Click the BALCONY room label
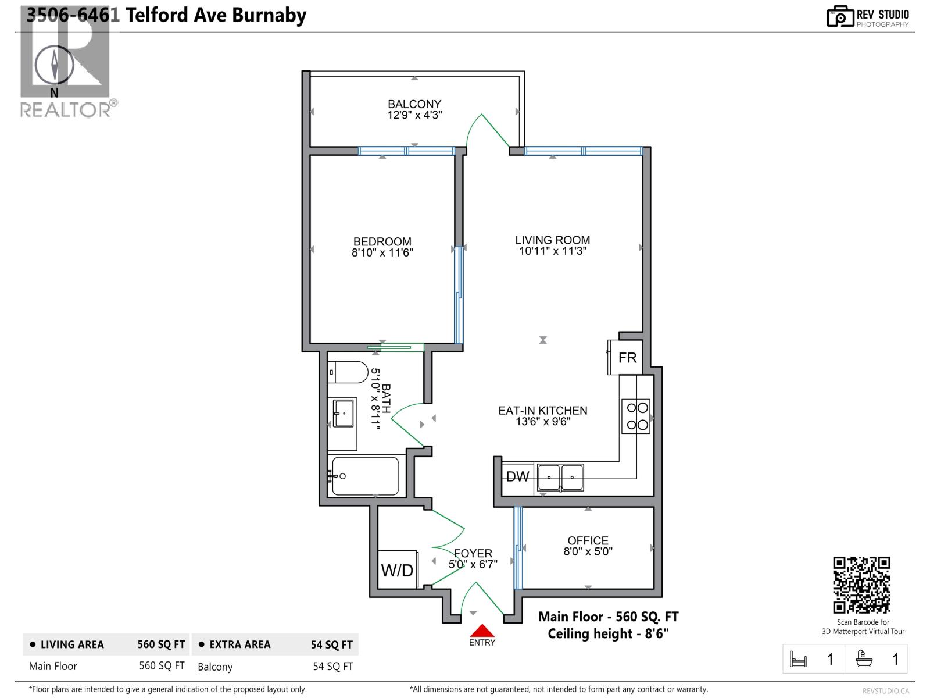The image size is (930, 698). click(x=414, y=104)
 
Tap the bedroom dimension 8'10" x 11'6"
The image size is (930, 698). click(x=382, y=253)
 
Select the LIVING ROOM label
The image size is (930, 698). click(x=552, y=240)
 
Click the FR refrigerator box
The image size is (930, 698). click(x=627, y=358)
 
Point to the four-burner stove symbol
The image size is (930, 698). click(x=635, y=416)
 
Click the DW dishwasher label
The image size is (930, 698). click(x=517, y=477)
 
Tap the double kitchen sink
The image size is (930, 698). click(x=560, y=478)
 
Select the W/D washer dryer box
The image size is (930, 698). click(x=398, y=569)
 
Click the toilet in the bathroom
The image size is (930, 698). click(x=347, y=372)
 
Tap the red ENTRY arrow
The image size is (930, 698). click(x=482, y=631)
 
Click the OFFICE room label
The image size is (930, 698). click(x=588, y=540)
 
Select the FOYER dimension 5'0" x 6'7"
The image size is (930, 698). click(x=473, y=564)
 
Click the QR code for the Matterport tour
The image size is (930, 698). click(x=861, y=585)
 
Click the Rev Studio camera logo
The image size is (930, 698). click(x=840, y=16)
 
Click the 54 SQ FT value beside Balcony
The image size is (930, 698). click(x=332, y=666)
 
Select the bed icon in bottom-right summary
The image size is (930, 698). click(x=799, y=659)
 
